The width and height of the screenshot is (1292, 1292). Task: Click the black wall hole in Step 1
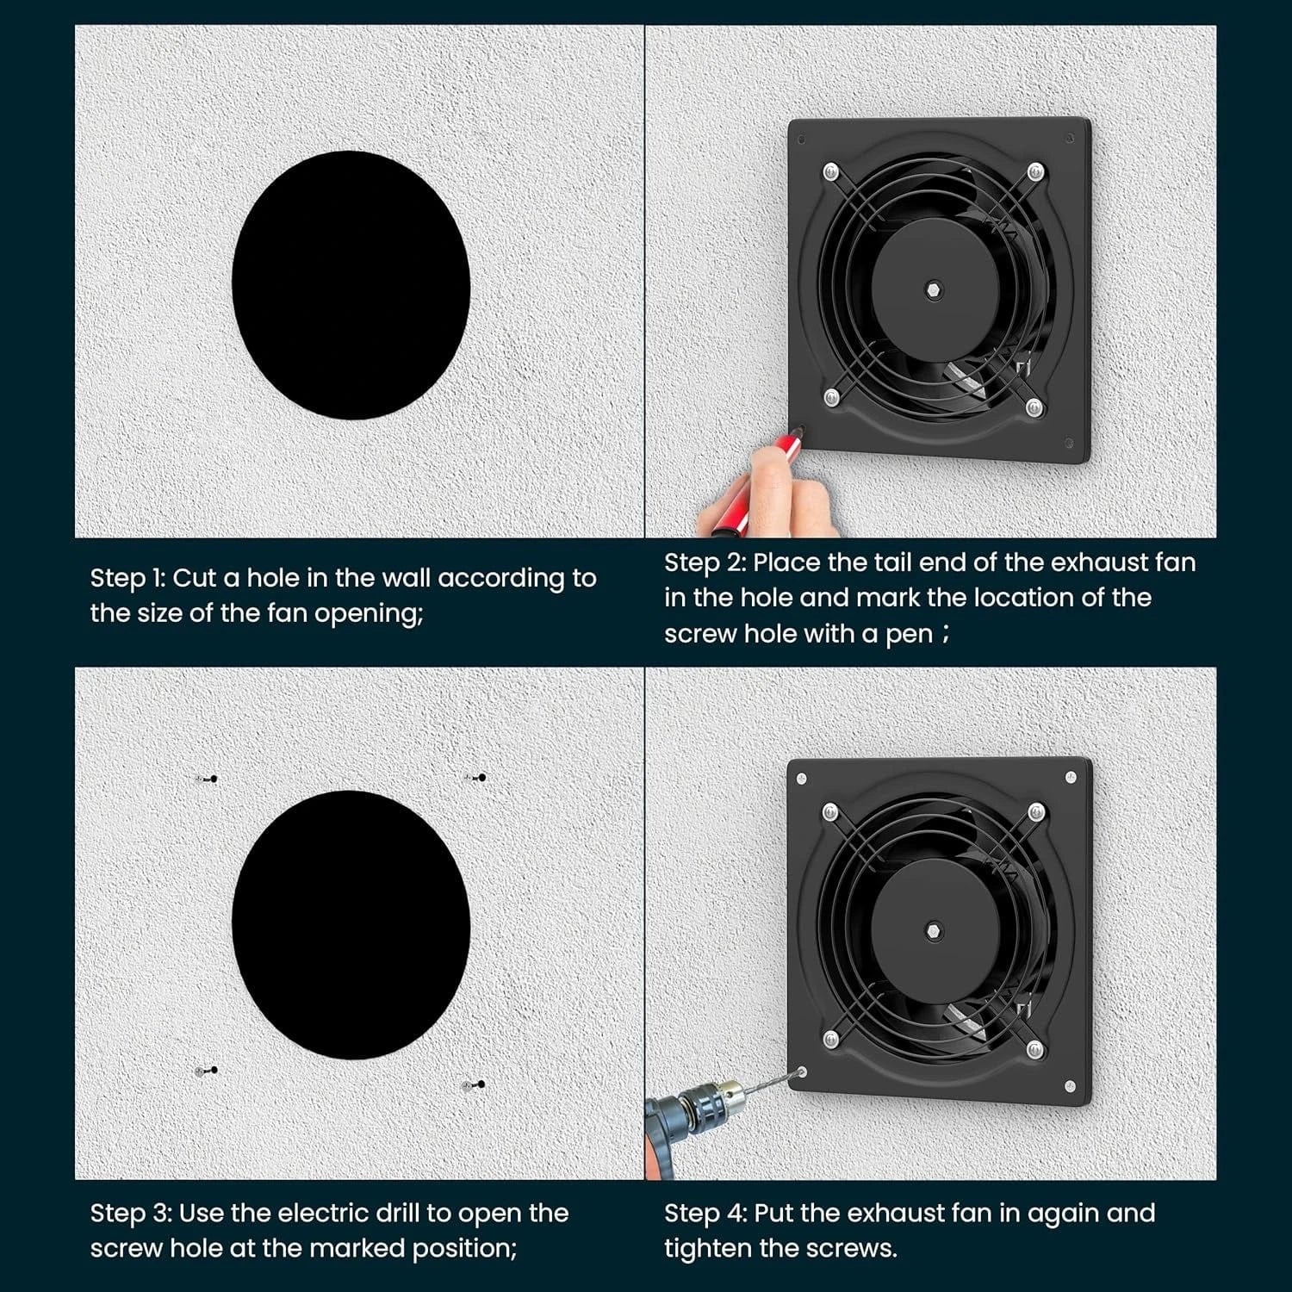coord(351,285)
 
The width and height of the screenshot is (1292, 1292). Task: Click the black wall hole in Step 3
coord(351,925)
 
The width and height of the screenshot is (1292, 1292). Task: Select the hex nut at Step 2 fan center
coord(935,287)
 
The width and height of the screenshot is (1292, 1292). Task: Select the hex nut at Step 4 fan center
coord(935,929)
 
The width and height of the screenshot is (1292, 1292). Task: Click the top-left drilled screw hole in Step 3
coord(207,779)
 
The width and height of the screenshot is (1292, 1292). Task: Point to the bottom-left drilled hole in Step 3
coord(207,1071)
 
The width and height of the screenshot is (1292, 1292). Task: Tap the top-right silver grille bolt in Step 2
coord(1035,171)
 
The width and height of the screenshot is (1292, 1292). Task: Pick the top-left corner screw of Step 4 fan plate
coord(802,779)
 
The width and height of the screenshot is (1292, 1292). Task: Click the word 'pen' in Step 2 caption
coord(909,635)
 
